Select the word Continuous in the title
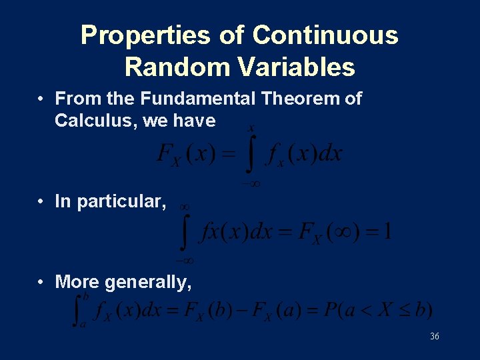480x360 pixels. coord(325,35)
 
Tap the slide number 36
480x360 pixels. coord(434,337)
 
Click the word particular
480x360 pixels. coord(121,202)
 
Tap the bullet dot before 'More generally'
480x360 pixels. coord(41,282)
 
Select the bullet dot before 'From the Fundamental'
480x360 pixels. coord(41,99)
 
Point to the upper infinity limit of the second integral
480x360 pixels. coord(185,207)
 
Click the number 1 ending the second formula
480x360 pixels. coord(387,232)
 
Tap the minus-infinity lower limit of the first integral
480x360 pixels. coord(250,182)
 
